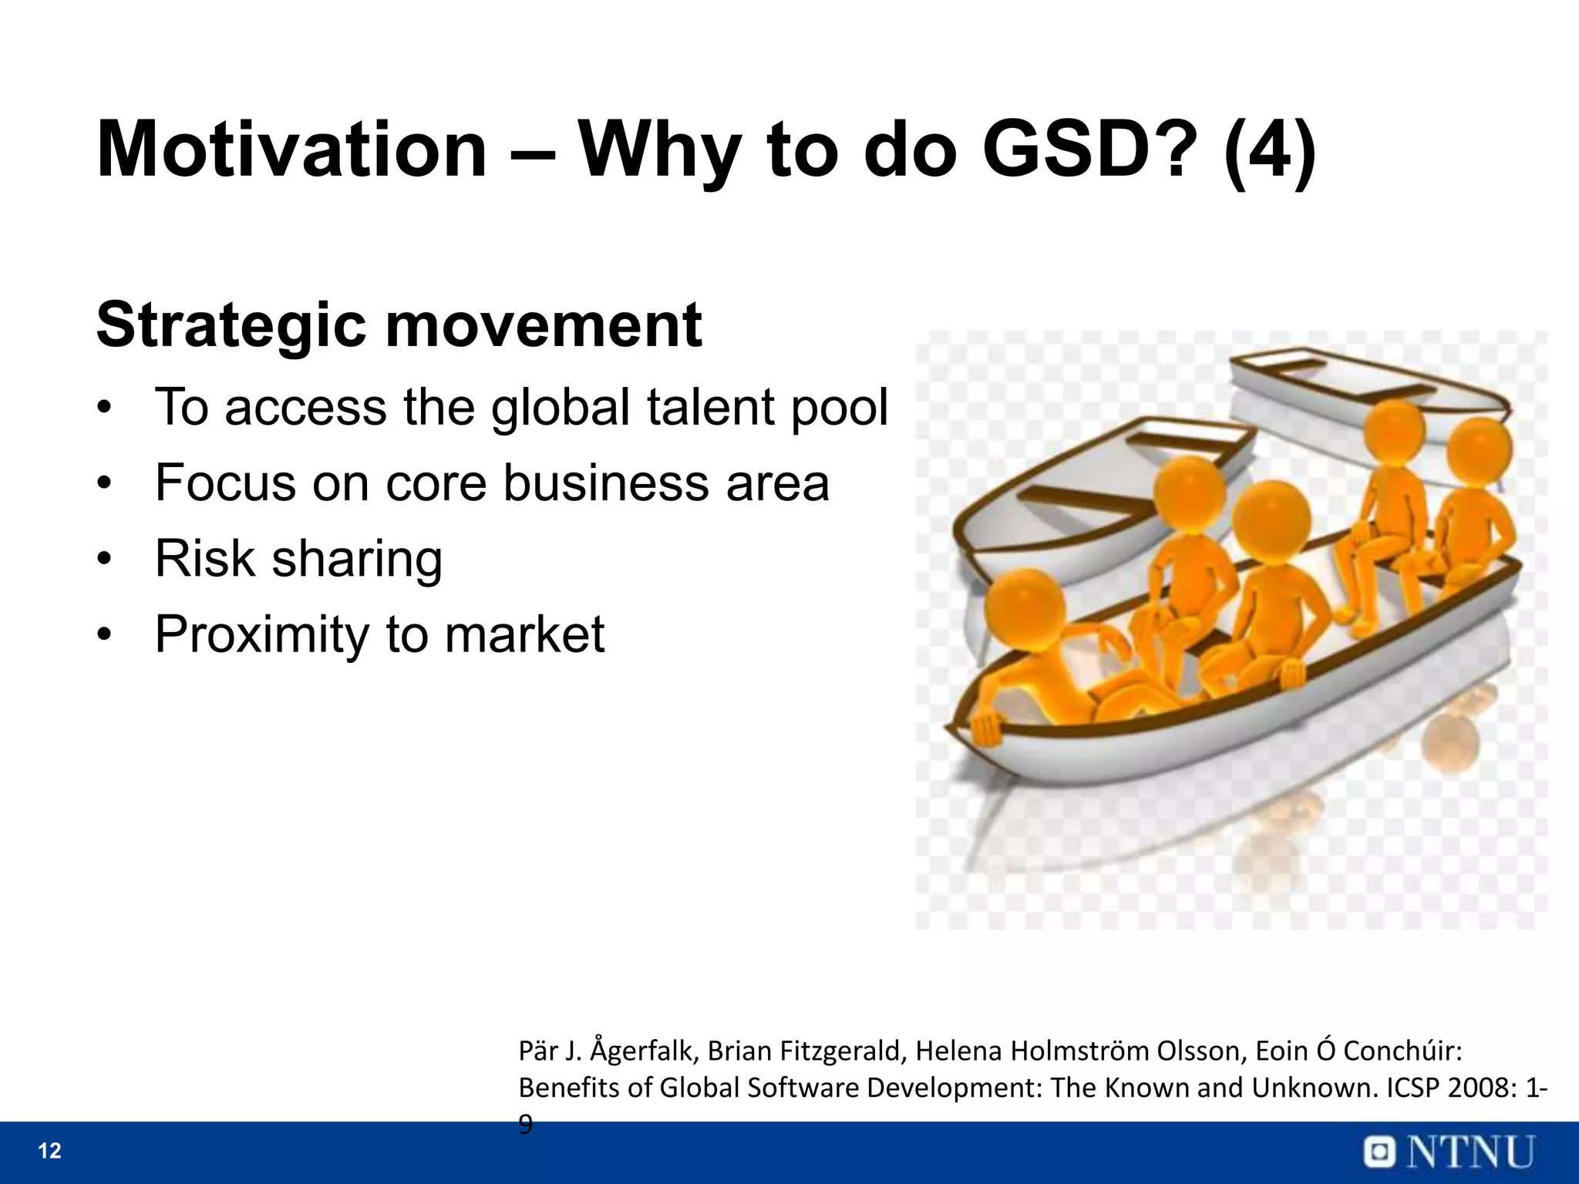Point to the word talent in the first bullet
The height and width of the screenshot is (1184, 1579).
(x=705, y=407)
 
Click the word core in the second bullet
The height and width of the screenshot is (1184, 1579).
(x=436, y=483)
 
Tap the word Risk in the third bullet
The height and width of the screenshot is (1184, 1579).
(x=204, y=559)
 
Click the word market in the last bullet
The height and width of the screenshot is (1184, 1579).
(x=524, y=634)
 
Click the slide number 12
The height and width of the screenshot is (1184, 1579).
(x=49, y=1152)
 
